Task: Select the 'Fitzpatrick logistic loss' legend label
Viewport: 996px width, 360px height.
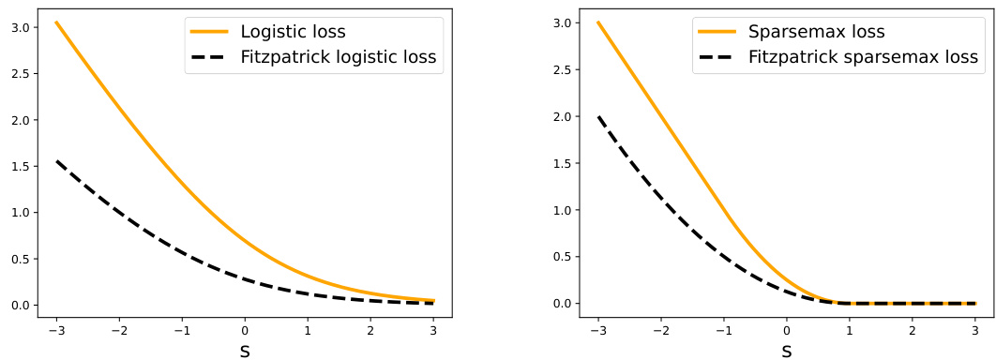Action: pos(339,56)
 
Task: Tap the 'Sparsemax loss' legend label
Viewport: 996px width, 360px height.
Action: pos(816,31)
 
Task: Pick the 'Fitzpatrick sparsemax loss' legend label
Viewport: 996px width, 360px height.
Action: pos(863,56)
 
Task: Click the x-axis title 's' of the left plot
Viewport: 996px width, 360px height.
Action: pos(245,351)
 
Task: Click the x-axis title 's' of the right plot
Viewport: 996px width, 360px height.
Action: pos(787,351)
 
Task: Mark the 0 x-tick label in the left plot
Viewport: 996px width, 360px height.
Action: pos(245,329)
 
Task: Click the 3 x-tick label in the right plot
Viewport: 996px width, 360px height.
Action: pos(974,329)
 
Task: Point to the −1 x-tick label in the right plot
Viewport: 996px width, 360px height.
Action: pos(721,329)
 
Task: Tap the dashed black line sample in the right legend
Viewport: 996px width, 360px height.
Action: pos(718,56)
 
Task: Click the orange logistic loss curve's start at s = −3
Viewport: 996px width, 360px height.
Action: pos(56,22)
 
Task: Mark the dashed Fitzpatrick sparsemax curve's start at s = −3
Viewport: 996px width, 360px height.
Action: pos(598,116)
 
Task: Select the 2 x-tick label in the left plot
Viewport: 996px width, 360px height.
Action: pos(370,329)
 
